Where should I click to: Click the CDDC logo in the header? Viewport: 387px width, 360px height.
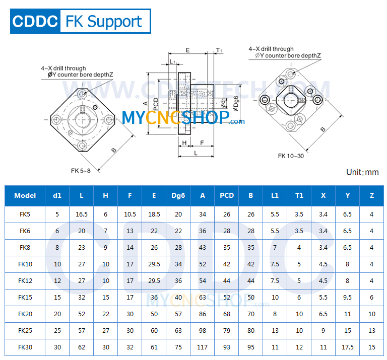(x=34, y=21)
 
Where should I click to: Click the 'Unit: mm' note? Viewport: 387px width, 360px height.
(x=362, y=172)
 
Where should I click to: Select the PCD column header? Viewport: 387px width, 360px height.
(x=227, y=196)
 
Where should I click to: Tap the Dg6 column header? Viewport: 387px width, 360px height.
(x=178, y=196)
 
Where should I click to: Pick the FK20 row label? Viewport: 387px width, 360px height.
(x=25, y=314)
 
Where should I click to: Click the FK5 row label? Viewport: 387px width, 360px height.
(x=25, y=214)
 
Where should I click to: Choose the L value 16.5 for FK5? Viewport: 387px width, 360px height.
(x=82, y=214)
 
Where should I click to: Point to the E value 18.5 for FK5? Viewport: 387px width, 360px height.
(x=154, y=214)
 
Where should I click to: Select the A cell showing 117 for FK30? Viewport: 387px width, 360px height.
(x=203, y=347)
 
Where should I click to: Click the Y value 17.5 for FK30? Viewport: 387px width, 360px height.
(x=348, y=347)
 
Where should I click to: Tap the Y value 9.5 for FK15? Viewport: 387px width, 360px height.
(x=348, y=297)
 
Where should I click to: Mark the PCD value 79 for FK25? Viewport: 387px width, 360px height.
(x=227, y=330)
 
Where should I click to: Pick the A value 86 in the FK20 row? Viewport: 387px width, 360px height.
(x=203, y=314)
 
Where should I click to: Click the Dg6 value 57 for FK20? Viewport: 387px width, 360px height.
(x=178, y=314)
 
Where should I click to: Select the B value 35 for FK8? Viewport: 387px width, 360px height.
(x=251, y=247)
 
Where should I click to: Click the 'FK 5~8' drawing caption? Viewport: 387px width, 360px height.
(x=81, y=171)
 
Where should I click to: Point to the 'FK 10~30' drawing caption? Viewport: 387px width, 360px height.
(x=291, y=156)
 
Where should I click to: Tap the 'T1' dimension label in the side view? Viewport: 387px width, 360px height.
(x=219, y=50)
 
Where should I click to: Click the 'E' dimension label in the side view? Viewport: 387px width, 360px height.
(x=187, y=50)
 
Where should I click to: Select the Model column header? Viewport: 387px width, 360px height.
(x=25, y=196)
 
